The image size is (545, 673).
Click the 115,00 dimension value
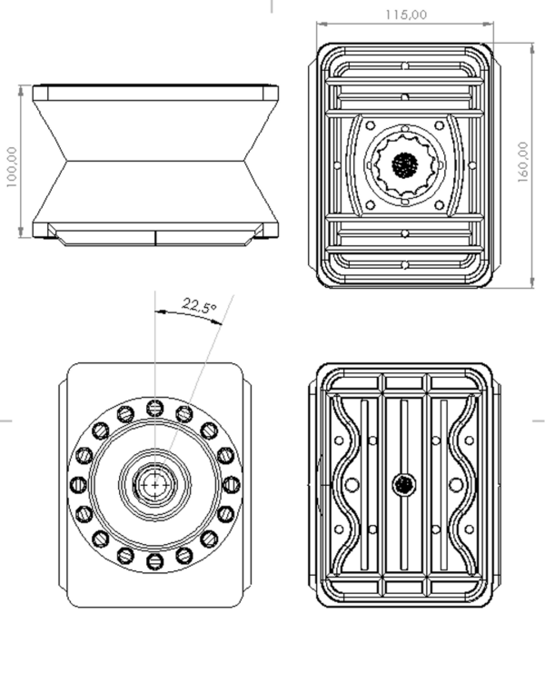405,15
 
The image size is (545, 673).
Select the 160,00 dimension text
524,163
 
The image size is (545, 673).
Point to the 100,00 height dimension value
12,166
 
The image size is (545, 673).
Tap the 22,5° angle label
199,306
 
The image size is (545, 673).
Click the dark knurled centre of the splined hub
404,164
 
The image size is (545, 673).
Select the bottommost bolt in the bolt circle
155,560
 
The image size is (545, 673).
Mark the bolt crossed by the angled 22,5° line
184,413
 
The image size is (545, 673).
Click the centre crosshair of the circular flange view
155,484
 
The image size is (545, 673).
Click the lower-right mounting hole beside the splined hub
439,204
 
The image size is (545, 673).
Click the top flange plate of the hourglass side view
155,92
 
